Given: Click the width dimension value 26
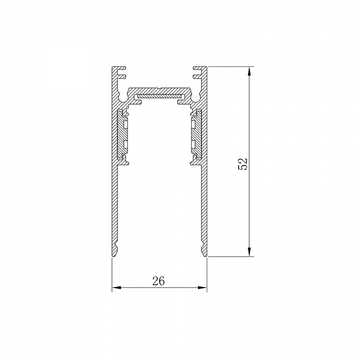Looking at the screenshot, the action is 158,281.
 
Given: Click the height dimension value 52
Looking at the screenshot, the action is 243,164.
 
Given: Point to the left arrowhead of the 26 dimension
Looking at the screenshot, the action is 116,287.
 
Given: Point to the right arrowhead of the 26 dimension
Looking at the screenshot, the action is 202,287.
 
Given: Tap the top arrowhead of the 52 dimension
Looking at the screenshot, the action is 249,71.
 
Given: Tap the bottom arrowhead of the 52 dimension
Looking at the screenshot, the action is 249,252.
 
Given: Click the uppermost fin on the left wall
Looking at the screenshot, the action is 121,68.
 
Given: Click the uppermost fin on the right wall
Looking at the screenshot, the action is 197,68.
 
